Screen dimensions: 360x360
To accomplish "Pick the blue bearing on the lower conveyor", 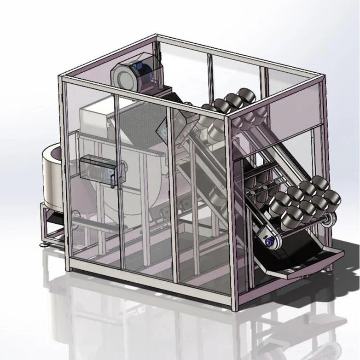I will [269, 240].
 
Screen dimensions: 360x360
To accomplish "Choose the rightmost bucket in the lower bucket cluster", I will [332, 198].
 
